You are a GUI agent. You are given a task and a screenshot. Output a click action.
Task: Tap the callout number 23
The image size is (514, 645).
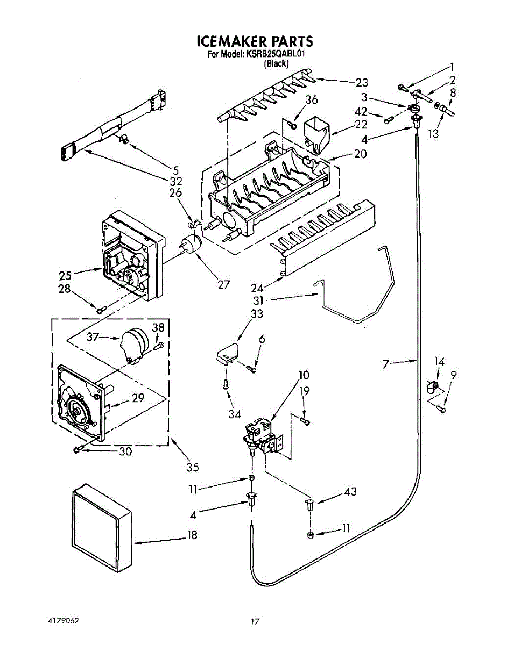tap(362, 82)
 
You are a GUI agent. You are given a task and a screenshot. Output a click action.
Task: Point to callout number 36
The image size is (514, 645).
tap(311, 99)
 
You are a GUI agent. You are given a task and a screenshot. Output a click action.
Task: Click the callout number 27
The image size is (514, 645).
tap(224, 285)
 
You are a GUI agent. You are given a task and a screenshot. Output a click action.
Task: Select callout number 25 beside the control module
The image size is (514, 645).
tap(65, 276)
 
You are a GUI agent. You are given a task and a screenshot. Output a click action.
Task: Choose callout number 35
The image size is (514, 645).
tap(193, 467)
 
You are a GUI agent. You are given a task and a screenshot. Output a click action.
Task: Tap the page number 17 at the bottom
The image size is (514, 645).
tap(255, 621)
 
